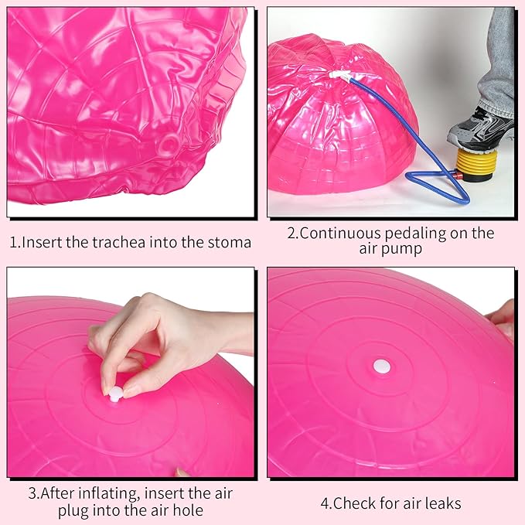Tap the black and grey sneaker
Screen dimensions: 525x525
point(481,130)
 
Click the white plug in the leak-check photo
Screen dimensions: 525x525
point(382,366)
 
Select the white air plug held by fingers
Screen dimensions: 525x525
point(116,393)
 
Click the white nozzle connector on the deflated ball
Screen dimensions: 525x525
point(339,75)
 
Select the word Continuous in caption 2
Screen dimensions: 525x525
point(340,234)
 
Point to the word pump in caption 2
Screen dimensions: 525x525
point(405,250)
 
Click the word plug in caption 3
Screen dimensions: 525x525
point(73,511)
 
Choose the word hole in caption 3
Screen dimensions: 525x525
point(188,510)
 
